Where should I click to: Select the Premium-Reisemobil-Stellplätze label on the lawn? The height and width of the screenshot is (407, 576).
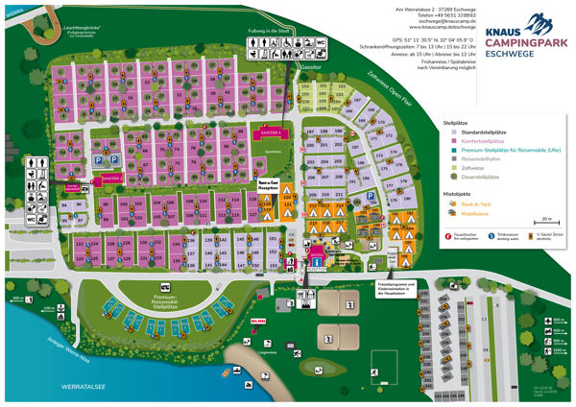[172, 299]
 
